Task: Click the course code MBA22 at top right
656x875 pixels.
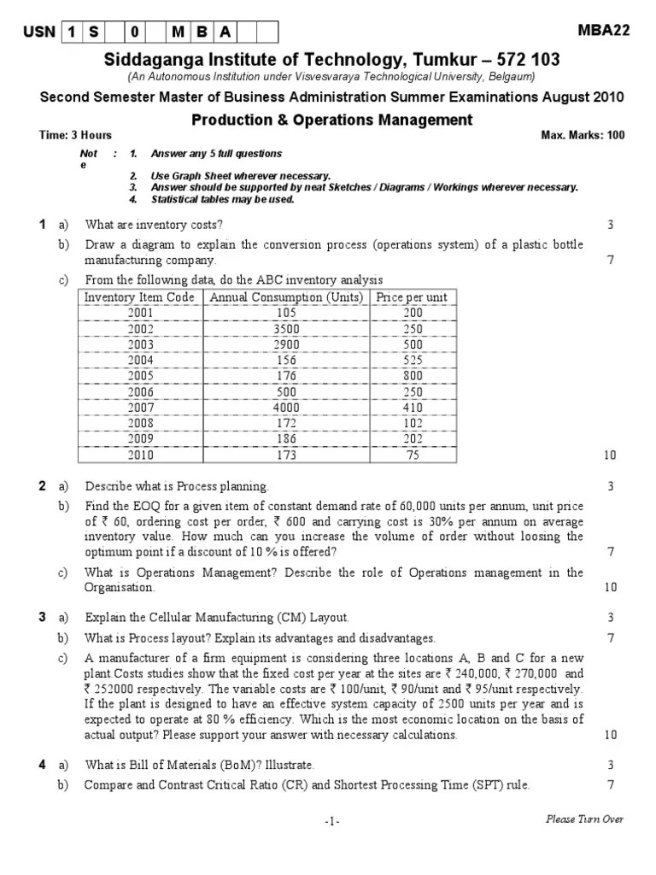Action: pyautogui.click(x=604, y=30)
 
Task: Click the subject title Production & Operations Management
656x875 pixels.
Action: pyautogui.click(x=331, y=120)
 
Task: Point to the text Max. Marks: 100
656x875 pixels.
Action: pyautogui.click(x=583, y=135)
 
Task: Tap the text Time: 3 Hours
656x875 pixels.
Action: pyautogui.click(x=76, y=135)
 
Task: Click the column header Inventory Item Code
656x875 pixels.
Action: pyautogui.click(x=140, y=297)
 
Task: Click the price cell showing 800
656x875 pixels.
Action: pyautogui.click(x=413, y=376)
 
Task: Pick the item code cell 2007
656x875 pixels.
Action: pyautogui.click(x=140, y=408)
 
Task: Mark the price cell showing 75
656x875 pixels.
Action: pyautogui.click(x=413, y=455)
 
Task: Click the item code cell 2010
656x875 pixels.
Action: pyautogui.click(x=140, y=455)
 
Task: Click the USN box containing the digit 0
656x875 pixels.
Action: pyautogui.click(x=135, y=32)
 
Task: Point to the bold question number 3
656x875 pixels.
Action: pyautogui.click(x=42, y=617)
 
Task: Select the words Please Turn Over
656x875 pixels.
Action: pyautogui.click(x=585, y=819)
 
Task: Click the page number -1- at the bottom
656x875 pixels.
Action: pyautogui.click(x=332, y=821)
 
